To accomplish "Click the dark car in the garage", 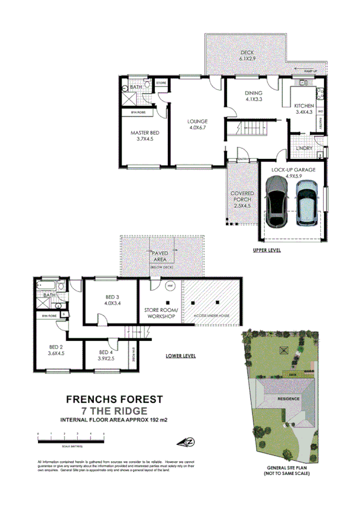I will (x=277, y=205).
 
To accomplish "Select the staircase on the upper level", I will (x=253, y=128).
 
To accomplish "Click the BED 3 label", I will (x=113, y=299).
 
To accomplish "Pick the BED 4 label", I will (x=106, y=355).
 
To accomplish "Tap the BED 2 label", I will (x=56, y=350).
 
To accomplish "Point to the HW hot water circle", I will (x=170, y=285).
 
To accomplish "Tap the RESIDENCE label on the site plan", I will (x=288, y=399).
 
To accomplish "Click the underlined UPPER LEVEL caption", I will (x=267, y=249).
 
